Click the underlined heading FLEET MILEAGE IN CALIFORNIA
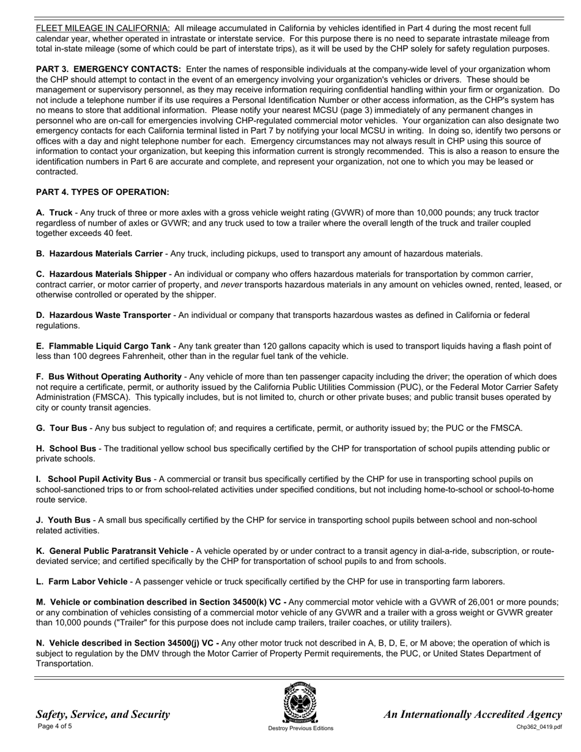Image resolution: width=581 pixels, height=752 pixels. point(103,28)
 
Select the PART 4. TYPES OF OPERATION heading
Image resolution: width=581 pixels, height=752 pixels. point(102,192)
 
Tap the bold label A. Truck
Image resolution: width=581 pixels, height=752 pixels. point(54,213)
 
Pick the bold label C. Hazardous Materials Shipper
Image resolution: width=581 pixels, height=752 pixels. point(101,275)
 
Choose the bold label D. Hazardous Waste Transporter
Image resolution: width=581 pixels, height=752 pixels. point(103,315)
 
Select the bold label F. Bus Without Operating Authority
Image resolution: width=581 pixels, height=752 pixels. point(109,377)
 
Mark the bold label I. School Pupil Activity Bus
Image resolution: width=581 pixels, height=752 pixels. point(94,479)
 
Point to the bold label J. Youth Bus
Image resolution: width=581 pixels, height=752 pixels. point(63,520)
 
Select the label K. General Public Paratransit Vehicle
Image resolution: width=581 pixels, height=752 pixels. point(112,551)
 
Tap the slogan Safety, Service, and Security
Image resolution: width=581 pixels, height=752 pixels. point(103,714)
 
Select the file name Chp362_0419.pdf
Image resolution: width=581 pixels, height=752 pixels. point(539,727)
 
